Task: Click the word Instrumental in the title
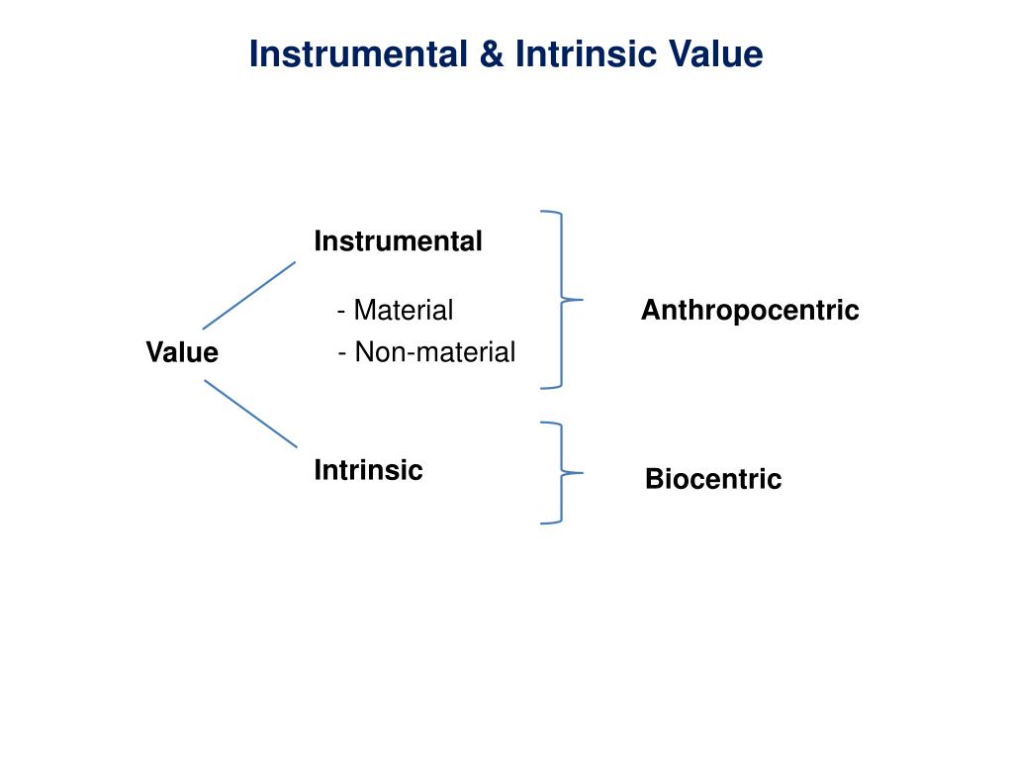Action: tap(357, 53)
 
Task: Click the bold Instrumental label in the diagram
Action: tap(398, 240)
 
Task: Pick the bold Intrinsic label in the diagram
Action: tap(368, 470)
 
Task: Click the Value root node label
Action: tap(182, 352)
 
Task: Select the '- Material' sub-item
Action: tap(395, 311)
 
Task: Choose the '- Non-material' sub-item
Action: tap(425, 352)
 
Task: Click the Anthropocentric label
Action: tap(750, 311)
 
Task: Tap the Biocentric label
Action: tap(713, 480)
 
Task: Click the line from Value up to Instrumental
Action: tap(249, 295)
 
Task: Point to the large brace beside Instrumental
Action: tap(562, 257)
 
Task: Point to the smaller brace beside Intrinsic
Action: tap(562, 445)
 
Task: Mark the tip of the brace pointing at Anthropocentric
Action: tap(582, 299)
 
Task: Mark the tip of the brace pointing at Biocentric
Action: tap(582, 473)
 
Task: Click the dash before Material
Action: tap(341, 312)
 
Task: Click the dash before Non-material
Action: tap(341, 353)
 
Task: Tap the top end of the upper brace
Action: tap(542, 212)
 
